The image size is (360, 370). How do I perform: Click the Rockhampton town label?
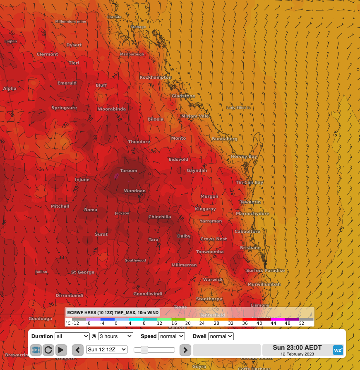click(x=156, y=77)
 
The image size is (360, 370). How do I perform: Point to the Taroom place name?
click(x=128, y=171)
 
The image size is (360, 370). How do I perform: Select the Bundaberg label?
click(x=225, y=139)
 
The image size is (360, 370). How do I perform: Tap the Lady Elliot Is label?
click(x=238, y=108)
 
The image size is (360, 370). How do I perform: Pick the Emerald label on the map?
click(x=67, y=83)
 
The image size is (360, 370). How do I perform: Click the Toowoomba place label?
click(x=210, y=252)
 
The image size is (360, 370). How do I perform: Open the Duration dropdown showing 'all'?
click(x=72, y=336)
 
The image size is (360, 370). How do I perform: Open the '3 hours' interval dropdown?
click(x=115, y=336)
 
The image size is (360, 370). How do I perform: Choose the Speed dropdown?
click(x=171, y=336)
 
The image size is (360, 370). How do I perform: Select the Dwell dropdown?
click(x=221, y=336)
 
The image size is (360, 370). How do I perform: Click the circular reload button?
click(x=48, y=350)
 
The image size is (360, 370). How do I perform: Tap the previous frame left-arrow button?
click(x=78, y=350)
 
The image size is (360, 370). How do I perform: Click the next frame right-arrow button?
click(x=185, y=350)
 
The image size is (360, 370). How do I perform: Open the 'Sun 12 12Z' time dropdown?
click(x=107, y=349)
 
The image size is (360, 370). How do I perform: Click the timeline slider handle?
click(x=144, y=350)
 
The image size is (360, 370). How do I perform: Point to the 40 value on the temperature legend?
click(x=259, y=323)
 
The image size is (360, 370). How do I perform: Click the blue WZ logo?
click(x=338, y=350)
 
